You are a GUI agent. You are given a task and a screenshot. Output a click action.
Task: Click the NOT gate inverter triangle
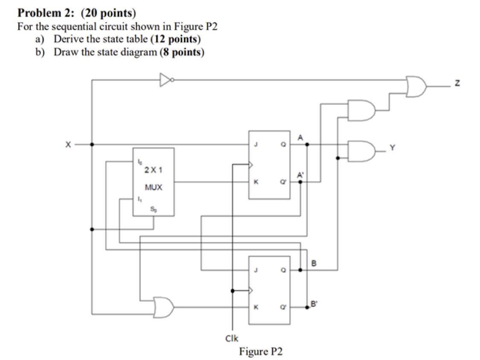click(x=166, y=79)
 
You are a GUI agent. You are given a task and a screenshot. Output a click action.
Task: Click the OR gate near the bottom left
click(x=164, y=305)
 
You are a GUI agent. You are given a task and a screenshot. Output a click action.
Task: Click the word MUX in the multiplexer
click(x=154, y=187)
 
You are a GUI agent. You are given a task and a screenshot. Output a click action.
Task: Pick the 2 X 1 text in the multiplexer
click(x=153, y=170)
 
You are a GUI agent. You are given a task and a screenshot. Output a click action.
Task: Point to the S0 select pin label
click(x=153, y=209)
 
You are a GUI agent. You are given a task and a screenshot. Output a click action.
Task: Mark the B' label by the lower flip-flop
click(x=314, y=304)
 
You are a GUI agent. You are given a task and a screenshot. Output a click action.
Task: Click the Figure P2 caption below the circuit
click(x=261, y=351)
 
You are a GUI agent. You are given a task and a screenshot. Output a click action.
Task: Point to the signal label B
click(x=314, y=264)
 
